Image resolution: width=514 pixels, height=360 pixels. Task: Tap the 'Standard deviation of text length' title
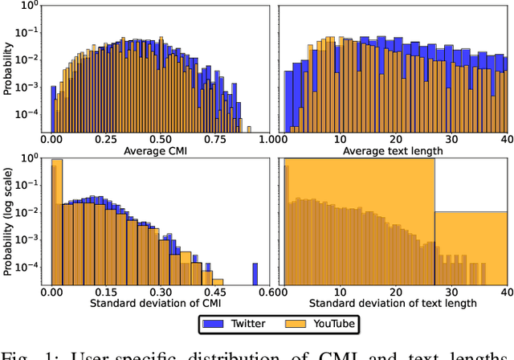click(x=393, y=303)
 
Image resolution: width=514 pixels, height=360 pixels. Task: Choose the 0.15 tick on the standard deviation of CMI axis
click(x=105, y=292)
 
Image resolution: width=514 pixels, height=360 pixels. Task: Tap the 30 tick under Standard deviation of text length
click(x=452, y=292)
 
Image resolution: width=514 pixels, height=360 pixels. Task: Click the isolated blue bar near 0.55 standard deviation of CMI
click(x=255, y=273)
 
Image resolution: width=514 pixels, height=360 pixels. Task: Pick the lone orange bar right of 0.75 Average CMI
click(x=247, y=129)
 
